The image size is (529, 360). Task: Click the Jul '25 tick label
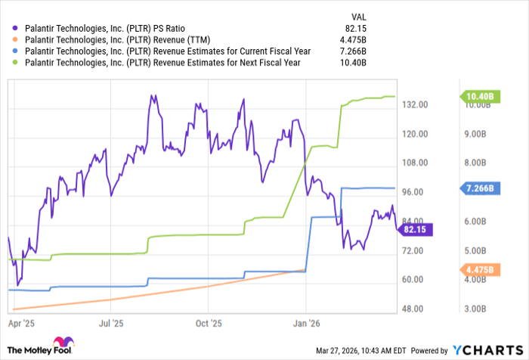click(111, 322)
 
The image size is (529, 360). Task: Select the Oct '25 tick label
click(208, 322)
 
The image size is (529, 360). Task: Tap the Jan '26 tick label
click(305, 322)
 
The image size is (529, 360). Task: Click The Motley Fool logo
click(37, 349)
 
